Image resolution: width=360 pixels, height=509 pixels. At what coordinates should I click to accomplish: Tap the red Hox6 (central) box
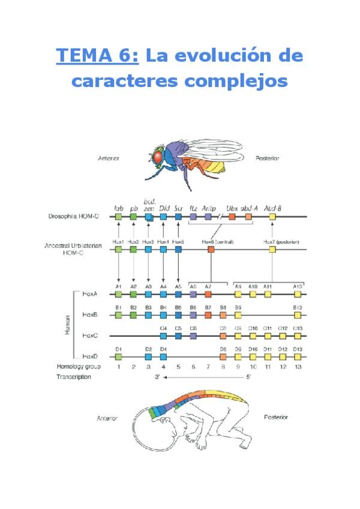pyautogui.click(x=211, y=249)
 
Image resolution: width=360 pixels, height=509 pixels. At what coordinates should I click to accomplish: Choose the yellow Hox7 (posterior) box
pyautogui.click(x=272, y=249)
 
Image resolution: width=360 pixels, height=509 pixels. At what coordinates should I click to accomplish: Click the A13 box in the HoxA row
pyautogui.click(x=298, y=294)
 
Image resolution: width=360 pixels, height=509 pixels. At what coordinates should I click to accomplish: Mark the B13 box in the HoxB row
pyautogui.click(x=298, y=315)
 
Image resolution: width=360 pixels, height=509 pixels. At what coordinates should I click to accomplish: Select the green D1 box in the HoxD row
pyautogui.click(x=119, y=356)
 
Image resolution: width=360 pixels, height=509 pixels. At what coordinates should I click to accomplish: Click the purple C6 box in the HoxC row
pyautogui.click(x=193, y=336)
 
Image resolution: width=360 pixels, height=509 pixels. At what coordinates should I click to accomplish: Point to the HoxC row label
pyautogui.click(x=91, y=336)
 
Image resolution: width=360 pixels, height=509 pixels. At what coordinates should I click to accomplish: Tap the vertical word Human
pyautogui.click(x=67, y=325)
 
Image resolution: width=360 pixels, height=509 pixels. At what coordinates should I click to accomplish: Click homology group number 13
pyautogui.click(x=298, y=366)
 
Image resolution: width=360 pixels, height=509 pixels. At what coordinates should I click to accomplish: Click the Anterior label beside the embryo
pyautogui.click(x=108, y=418)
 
